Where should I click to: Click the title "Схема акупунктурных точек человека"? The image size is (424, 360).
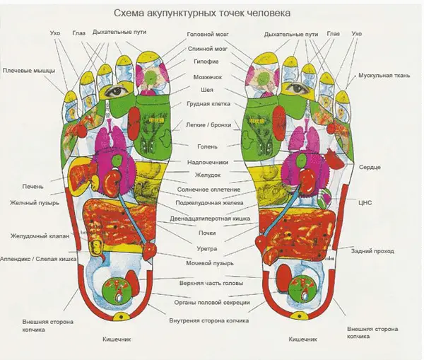click(x=202, y=13)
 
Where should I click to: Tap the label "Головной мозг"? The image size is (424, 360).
click(x=208, y=35)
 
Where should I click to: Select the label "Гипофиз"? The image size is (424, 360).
click(x=206, y=62)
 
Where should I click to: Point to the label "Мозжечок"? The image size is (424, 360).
click(x=207, y=77)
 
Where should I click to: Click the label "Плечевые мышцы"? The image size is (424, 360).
click(x=29, y=71)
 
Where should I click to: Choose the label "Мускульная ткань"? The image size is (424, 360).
click(x=384, y=76)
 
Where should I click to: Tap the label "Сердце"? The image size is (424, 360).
click(x=370, y=168)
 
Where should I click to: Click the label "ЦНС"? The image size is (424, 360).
click(x=365, y=202)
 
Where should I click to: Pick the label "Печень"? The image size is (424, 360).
click(x=33, y=187)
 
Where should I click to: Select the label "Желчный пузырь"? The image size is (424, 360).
click(x=35, y=203)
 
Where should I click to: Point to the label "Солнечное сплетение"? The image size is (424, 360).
click(x=208, y=190)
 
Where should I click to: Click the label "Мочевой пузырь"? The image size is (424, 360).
click(x=210, y=263)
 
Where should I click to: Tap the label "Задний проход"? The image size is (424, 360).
click(x=372, y=251)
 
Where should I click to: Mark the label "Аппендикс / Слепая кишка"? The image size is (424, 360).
click(x=38, y=259)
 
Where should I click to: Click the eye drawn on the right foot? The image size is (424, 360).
click(x=296, y=87)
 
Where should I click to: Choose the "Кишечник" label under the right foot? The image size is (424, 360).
click(x=302, y=339)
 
